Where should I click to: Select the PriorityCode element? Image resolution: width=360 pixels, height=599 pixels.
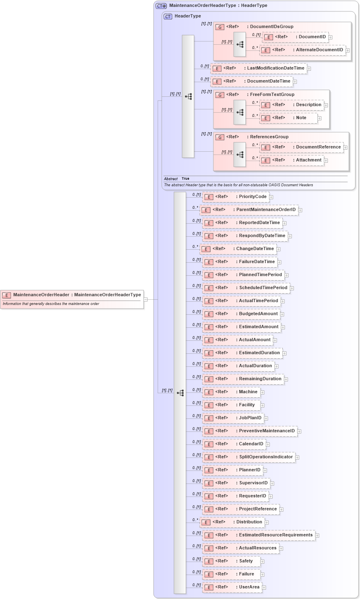click(x=236, y=197)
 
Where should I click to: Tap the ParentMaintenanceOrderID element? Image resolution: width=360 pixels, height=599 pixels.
click(x=249, y=210)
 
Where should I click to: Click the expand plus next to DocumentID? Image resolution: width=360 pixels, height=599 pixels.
click(x=330, y=37)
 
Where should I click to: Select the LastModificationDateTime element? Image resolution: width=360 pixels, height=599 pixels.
click(x=259, y=68)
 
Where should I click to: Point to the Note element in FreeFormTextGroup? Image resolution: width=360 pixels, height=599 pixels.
click(x=289, y=118)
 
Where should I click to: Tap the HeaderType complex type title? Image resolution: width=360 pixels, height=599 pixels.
click(x=187, y=16)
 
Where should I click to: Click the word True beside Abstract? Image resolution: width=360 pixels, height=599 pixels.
click(x=185, y=179)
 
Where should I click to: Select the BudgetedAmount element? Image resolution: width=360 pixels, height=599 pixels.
click(x=241, y=314)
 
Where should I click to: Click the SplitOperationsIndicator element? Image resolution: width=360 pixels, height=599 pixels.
click(x=249, y=457)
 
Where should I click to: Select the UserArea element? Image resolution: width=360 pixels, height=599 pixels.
click(x=232, y=587)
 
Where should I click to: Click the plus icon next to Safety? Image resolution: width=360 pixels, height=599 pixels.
click(x=262, y=562)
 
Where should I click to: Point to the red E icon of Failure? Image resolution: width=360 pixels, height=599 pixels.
click(x=208, y=575)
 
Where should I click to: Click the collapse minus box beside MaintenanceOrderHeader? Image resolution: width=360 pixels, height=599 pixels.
click(x=145, y=299)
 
